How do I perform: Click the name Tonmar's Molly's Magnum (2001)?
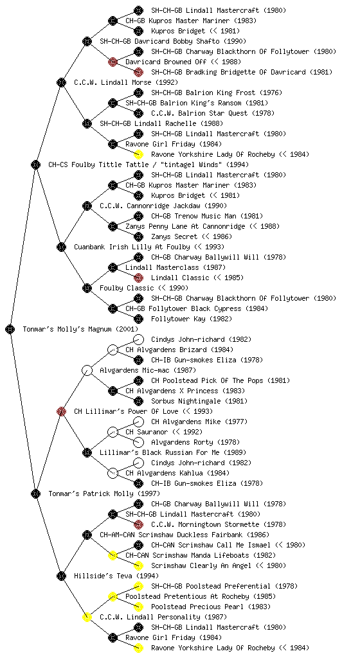tap(80, 330)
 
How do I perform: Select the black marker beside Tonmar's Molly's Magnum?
tap(10, 330)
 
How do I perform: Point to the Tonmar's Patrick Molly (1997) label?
tap(104, 494)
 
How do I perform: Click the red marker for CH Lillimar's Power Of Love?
tap(61, 412)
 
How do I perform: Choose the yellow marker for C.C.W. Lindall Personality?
tap(87, 618)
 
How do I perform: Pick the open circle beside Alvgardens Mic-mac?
tap(87, 371)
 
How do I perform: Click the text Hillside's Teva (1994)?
tap(116, 576)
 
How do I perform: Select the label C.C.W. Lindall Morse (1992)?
tap(126, 83)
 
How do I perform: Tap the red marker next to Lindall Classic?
tap(138, 278)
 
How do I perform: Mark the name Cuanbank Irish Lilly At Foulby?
tap(132, 247)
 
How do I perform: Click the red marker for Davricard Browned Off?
tap(113, 62)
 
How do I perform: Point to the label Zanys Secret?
tap(174, 236)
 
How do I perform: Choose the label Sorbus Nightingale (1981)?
tap(199, 401)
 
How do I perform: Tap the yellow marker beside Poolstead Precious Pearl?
tap(138, 607)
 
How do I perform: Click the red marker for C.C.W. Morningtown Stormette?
tap(138, 524)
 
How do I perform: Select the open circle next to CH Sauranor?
tap(113, 432)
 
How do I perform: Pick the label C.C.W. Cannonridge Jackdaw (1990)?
tap(163, 206)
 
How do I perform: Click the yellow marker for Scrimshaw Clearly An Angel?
tap(138, 565)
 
